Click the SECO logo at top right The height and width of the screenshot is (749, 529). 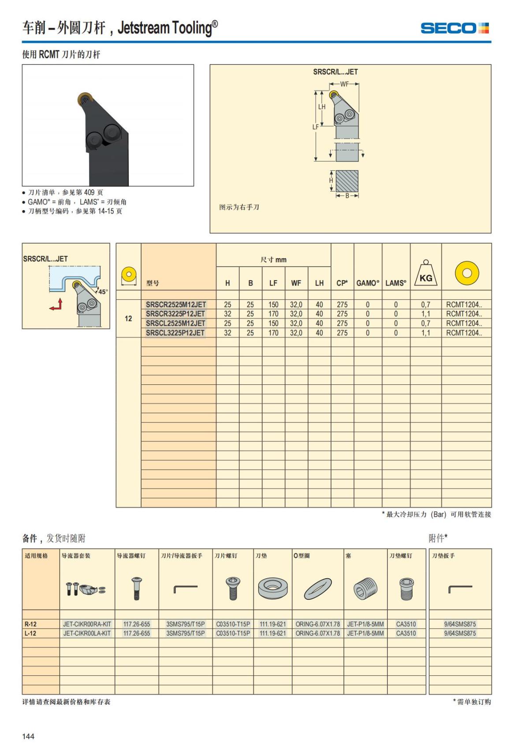point(454,28)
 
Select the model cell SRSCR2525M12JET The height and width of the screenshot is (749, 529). point(176,305)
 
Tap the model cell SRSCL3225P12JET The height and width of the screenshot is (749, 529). point(175,333)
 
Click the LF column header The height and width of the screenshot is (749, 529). point(273,283)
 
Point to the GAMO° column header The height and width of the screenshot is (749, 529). point(368,283)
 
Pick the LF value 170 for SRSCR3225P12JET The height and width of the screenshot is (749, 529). point(273,314)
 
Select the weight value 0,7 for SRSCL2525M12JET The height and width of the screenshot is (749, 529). point(425,324)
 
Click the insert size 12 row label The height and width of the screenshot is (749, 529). point(128,319)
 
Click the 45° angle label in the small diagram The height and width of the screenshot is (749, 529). point(102,292)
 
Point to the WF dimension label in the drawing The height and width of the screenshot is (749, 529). point(344,84)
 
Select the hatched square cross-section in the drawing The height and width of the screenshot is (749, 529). point(347,181)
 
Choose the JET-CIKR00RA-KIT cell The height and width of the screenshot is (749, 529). point(87,624)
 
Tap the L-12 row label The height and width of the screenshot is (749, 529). point(31,633)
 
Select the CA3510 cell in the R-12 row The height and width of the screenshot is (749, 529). point(406,624)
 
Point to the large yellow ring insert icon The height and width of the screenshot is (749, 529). point(467,273)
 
